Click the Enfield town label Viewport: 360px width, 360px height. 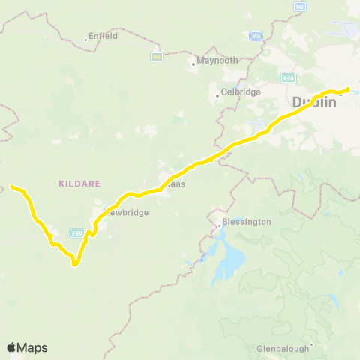(x=103, y=35)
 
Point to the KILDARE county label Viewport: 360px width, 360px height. (x=75, y=183)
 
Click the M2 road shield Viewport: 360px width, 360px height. (x=301, y=7)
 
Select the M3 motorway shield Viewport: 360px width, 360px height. (x=256, y=35)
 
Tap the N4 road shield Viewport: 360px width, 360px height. (x=157, y=56)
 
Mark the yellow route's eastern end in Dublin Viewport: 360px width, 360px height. (x=348, y=89)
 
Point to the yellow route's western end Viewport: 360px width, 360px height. (x=12, y=186)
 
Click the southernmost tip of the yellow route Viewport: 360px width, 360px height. (x=75, y=264)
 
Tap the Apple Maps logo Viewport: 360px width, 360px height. (x=27, y=347)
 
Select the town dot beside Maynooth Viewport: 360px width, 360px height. (x=193, y=64)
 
